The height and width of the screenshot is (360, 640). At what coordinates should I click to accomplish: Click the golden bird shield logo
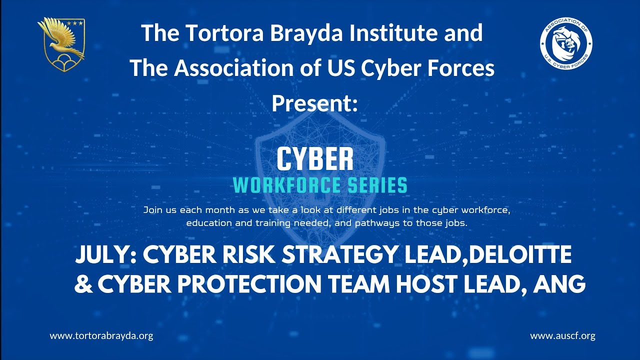pyautogui.click(x=61, y=45)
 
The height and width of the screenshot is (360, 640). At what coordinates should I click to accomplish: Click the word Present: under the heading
pyautogui.click(x=315, y=103)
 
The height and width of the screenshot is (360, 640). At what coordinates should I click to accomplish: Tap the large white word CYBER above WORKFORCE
pyautogui.click(x=315, y=159)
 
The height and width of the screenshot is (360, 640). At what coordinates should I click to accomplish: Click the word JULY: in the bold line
pyautogui.click(x=106, y=255)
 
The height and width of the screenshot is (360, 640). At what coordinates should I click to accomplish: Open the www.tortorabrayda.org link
pyautogui.click(x=101, y=336)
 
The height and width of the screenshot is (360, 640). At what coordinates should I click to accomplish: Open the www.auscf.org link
pyautogui.click(x=562, y=336)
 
